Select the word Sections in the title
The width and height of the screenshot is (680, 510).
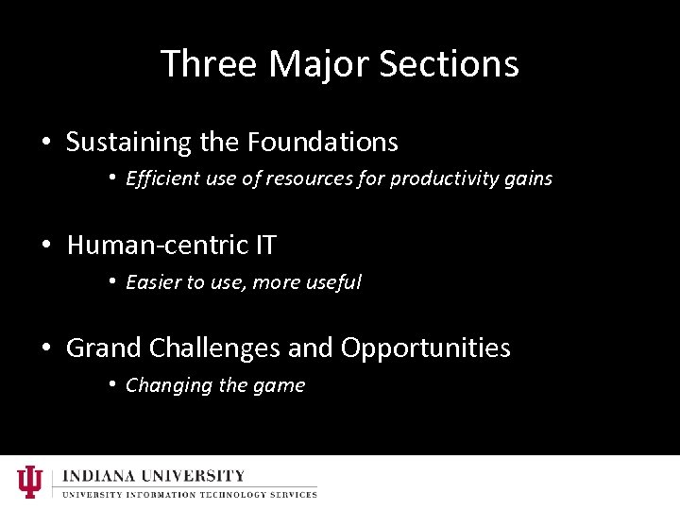click(449, 64)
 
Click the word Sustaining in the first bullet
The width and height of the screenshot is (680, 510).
click(128, 143)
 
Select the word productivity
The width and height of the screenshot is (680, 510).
click(442, 178)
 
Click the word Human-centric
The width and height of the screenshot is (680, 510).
click(158, 246)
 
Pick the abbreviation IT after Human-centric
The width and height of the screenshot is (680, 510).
click(265, 246)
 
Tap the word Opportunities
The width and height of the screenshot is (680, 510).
click(425, 348)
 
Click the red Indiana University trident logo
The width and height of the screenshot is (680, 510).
click(29, 483)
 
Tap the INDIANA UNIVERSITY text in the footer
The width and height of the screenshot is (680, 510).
click(154, 476)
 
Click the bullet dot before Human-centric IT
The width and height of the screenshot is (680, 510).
click(45, 246)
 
